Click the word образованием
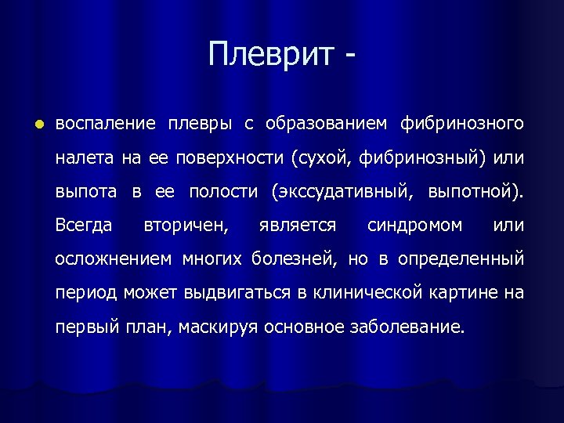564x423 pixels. coord(326,125)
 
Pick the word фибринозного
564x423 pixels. coord(461,125)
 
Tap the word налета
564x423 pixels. coord(84,158)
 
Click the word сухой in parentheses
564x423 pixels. coord(322,158)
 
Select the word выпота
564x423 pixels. coord(86,192)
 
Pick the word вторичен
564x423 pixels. coord(186,226)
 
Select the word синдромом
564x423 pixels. coord(415,226)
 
